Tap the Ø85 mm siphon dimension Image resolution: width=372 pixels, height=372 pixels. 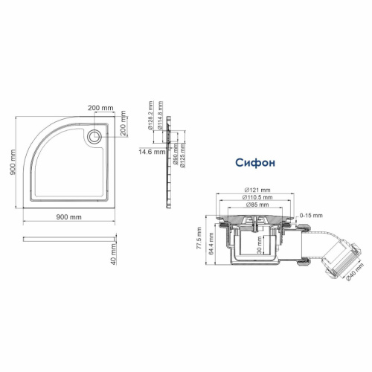257,206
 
